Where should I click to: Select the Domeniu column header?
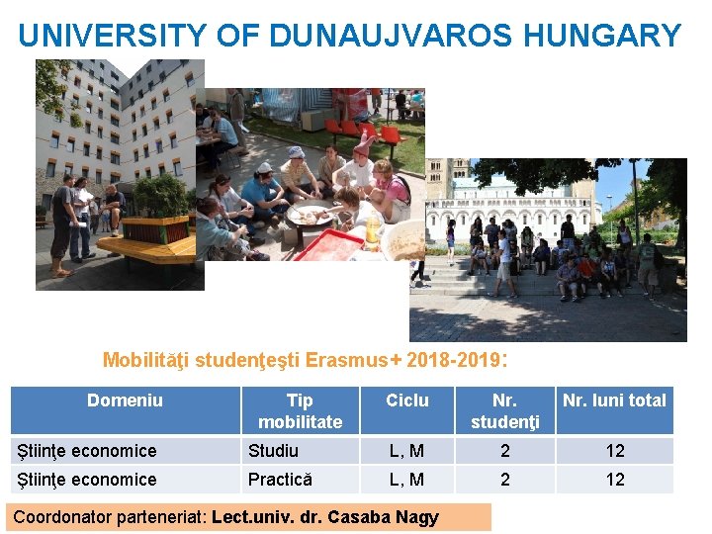(125, 400)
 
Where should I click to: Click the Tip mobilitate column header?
(300, 410)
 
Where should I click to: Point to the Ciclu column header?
(407, 400)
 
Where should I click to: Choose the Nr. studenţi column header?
(504, 410)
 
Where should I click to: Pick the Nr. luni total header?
(614, 400)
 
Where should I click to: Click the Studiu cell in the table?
(273, 451)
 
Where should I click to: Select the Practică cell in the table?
(280, 480)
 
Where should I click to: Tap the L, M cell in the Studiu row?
(407, 451)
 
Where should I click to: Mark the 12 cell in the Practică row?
(615, 480)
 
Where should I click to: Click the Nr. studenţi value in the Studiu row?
(504, 451)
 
